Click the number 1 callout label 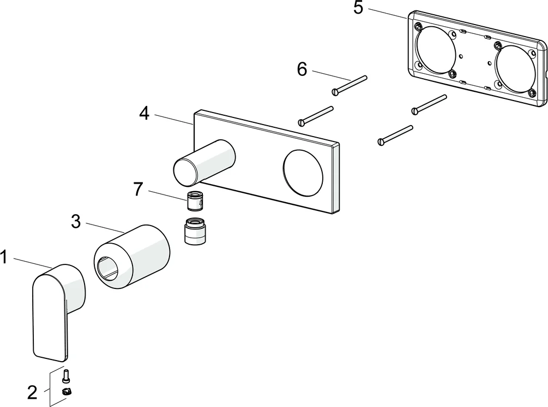click(4, 257)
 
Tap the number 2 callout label click(33, 392)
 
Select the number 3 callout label click(76, 221)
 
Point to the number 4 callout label click(144, 113)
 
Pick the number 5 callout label click(358, 8)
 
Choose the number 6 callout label click(302, 69)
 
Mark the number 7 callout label click(138, 190)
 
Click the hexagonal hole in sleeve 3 click(111, 268)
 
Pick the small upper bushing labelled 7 click(195, 202)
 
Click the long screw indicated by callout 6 click(349, 85)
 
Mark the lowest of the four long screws click(395, 135)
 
